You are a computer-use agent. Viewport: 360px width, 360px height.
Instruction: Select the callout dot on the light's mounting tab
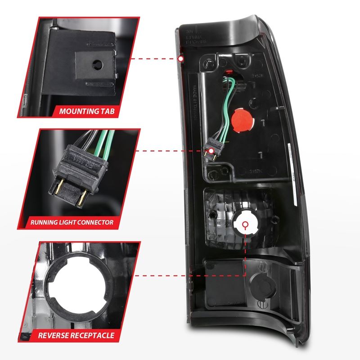coord(180,58)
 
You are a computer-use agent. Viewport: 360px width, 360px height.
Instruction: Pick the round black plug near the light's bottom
coord(257,281)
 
